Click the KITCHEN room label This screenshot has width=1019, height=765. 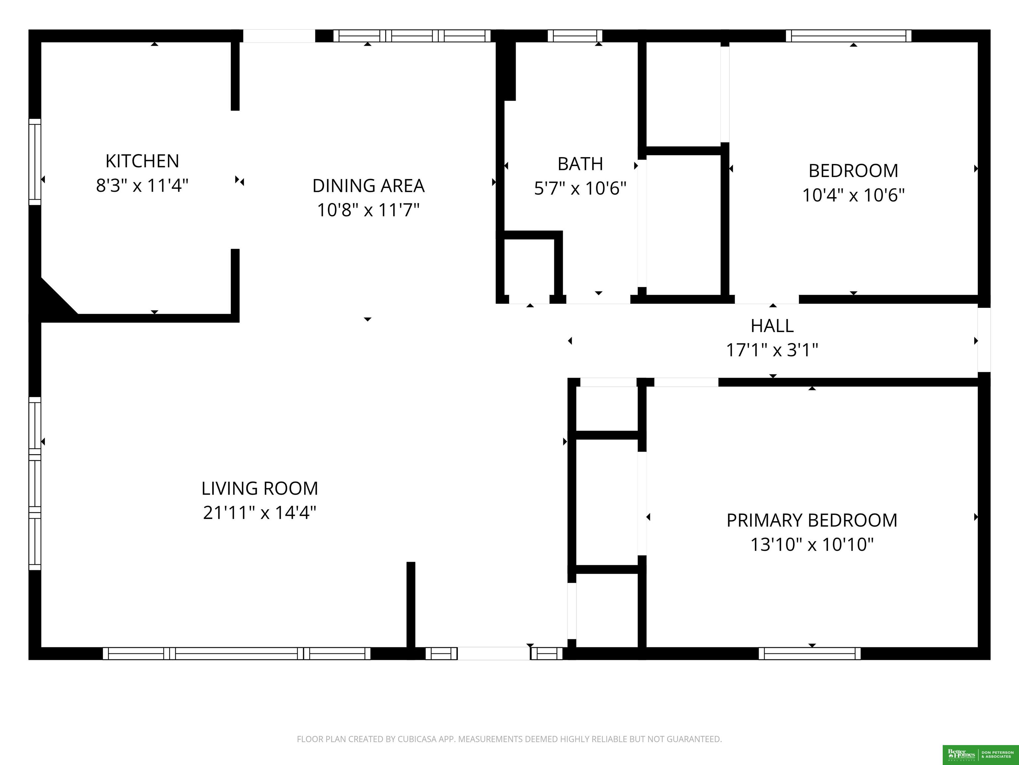(142, 161)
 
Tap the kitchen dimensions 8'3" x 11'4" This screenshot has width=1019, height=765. (142, 185)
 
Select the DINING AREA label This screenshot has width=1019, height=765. (368, 185)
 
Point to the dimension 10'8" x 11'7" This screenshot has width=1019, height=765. (368, 210)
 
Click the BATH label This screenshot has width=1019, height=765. (580, 164)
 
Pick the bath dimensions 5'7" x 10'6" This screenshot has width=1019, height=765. (580, 188)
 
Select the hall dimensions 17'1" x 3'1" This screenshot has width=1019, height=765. (772, 350)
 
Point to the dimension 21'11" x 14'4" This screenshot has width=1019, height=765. (259, 512)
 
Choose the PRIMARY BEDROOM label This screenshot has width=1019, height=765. (812, 520)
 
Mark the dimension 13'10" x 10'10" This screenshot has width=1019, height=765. (812, 545)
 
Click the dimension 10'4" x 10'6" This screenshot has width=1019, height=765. (853, 195)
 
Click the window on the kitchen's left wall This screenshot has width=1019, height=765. (35, 161)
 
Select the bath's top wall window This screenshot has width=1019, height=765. (575, 36)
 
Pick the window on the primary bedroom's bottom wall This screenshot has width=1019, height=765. (809, 653)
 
